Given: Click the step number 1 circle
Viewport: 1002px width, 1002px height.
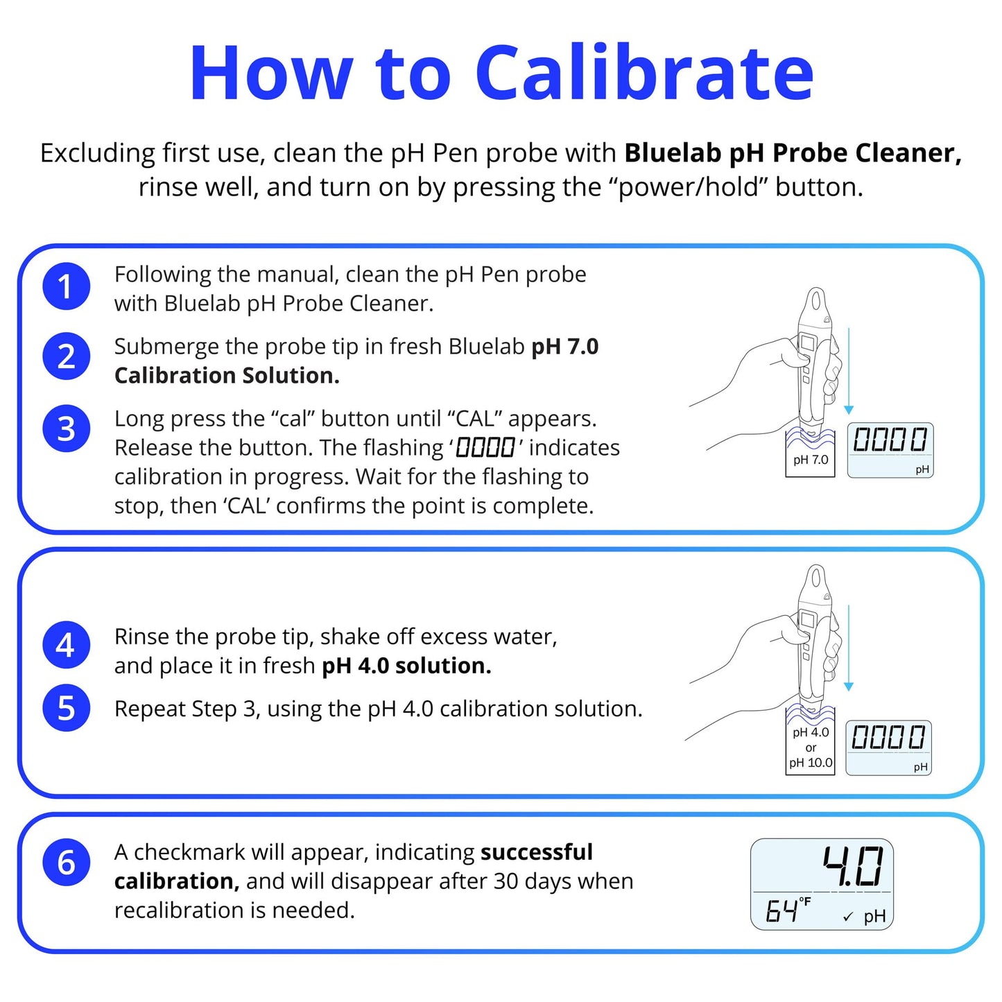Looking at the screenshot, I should pyautogui.click(x=66, y=286).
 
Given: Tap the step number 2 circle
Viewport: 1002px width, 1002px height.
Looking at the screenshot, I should pyautogui.click(x=66, y=356).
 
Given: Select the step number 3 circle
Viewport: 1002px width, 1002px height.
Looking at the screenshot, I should pyautogui.click(x=66, y=429).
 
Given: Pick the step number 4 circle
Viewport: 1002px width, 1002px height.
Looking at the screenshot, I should pyautogui.click(x=66, y=645).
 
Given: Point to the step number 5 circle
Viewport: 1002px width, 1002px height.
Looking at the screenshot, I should pyautogui.click(x=66, y=708).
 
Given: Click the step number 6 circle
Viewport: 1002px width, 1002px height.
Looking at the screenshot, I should pyautogui.click(x=66, y=863).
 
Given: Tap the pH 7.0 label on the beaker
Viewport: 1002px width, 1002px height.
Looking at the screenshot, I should pyautogui.click(x=811, y=460).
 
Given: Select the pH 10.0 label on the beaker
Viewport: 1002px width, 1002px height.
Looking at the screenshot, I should pyautogui.click(x=811, y=763).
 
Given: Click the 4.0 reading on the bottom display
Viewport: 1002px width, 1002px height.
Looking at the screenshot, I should pyautogui.click(x=852, y=867).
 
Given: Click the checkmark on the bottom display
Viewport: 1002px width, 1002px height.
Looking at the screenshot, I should pyautogui.click(x=847, y=917).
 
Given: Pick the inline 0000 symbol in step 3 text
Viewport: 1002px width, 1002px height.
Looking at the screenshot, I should pyautogui.click(x=485, y=448).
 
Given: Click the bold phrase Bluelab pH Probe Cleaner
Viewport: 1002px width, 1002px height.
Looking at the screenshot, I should pyautogui.click(x=793, y=153).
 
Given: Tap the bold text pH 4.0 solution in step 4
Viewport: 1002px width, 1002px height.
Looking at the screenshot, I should pyautogui.click(x=406, y=666).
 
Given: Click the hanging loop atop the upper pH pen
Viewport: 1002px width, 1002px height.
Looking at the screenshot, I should pyautogui.click(x=816, y=304).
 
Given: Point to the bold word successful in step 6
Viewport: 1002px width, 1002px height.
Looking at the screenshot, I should pyautogui.click(x=537, y=852).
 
